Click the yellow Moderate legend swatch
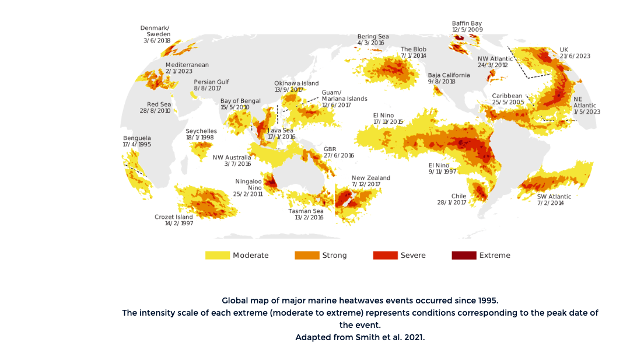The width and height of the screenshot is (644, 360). coord(216,255)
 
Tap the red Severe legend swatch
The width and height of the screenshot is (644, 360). coord(384,255)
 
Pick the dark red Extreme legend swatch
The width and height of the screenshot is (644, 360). coord(464,255)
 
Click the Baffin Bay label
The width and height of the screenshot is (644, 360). coord(467,23)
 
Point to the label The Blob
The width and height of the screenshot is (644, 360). coord(413,49)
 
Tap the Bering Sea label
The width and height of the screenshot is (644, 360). coord(373,36)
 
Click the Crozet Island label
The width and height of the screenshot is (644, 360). coord(174,217)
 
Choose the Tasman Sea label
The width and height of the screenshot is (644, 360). coord(306,211)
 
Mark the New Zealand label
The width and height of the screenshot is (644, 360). coord(370,178)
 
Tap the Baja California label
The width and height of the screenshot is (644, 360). coord(449,75)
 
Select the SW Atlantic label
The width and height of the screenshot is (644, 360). coord(554,197)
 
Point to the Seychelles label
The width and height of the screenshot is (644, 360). coord(201,131)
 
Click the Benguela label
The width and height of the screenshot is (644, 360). coord(136,138)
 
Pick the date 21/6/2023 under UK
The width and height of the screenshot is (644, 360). coord(575,56)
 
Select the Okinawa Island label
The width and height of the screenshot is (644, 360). coord(296,83)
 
